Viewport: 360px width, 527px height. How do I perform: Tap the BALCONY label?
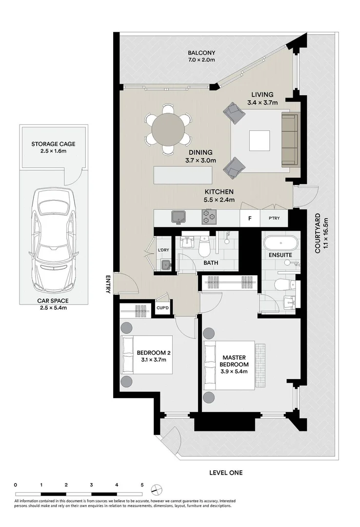tap(201, 53)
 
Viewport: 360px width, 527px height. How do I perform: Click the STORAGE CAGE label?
tap(53, 144)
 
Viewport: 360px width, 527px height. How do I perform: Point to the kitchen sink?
tap(177, 217)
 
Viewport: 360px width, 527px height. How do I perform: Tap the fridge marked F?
tap(250, 218)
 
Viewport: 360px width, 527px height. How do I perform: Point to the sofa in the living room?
tap(289, 140)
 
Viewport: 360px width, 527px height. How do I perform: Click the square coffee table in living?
tap(259, 141)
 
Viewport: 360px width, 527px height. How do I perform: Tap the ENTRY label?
tap(108, 284)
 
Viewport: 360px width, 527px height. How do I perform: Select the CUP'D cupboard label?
tap(162, 308)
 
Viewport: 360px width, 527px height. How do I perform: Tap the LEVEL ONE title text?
tap(225, 472)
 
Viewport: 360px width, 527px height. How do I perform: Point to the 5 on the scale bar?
tap(142, 485)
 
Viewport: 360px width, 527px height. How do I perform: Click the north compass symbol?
tap(156, 489)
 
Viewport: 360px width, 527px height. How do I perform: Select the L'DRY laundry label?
tap(163, 250)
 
